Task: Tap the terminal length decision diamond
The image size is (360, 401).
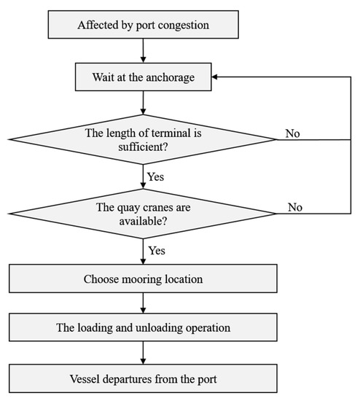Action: (x=144, y=138)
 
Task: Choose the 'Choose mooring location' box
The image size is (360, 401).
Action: (x=144, y=278)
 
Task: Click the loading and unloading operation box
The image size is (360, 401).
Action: (x=144, y=327)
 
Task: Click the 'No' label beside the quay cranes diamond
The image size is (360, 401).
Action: (x=295, y=206)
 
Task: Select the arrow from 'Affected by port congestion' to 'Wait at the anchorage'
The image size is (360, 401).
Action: (x=144, y=50)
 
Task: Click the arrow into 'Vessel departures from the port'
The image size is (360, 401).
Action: (x=144, y=352)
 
